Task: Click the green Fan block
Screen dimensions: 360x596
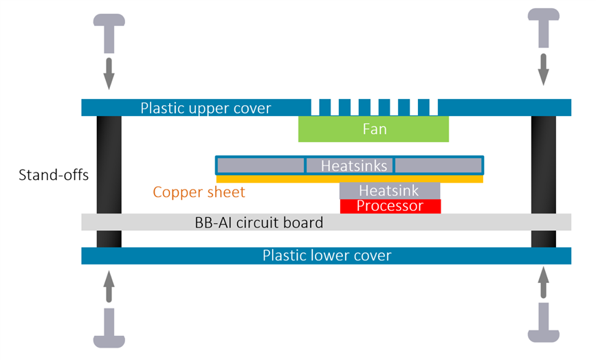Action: tap(373, 129)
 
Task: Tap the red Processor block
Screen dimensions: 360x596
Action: tap(390, 205)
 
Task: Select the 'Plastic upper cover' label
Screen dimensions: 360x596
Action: tap(206, 108)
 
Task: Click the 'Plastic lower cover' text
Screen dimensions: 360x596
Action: tap(327, 256)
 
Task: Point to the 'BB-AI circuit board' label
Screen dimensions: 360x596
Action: tap(259, 223)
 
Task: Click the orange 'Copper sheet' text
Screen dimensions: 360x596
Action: tap(199, 192)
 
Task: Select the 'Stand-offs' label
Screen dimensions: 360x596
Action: tap(53, 175)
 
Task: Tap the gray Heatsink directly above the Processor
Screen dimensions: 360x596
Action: tap(390, 190)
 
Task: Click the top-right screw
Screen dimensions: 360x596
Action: tap(544, 28)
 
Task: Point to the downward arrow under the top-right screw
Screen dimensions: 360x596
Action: tap(544, 69)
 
